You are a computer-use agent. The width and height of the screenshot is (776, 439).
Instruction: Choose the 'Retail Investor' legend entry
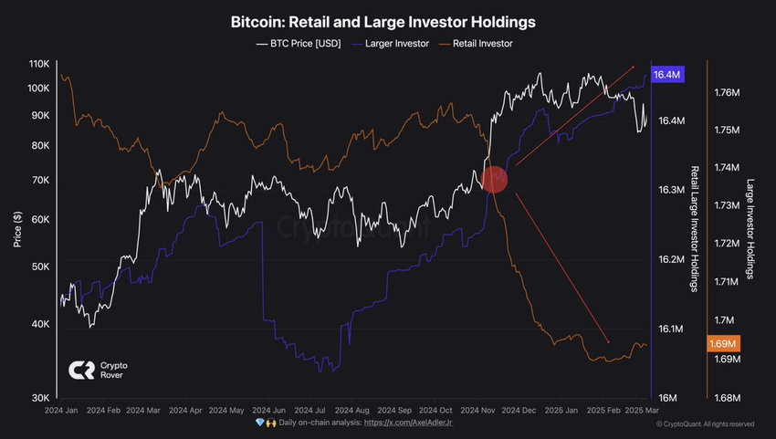point(477,43)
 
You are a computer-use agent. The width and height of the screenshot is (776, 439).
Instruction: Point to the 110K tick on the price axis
point(39,64)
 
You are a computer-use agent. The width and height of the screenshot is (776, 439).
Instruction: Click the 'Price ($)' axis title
point(17,230)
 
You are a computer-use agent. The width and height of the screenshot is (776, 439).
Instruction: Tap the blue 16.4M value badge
point(666,75)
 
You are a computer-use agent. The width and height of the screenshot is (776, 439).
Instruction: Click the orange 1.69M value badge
point(722,343)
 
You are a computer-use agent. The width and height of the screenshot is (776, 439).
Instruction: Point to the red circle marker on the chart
point(494,180)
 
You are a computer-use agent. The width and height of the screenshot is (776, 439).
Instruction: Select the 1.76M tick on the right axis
point(728,92)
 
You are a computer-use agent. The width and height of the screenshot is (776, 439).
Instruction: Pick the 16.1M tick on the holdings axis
point(669,329)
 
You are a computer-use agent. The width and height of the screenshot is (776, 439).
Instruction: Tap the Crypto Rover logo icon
point(82,371)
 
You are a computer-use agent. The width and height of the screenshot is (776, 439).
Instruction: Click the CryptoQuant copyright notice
point(705,423)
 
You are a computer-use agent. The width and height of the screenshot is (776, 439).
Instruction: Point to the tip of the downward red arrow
point(609,340)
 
